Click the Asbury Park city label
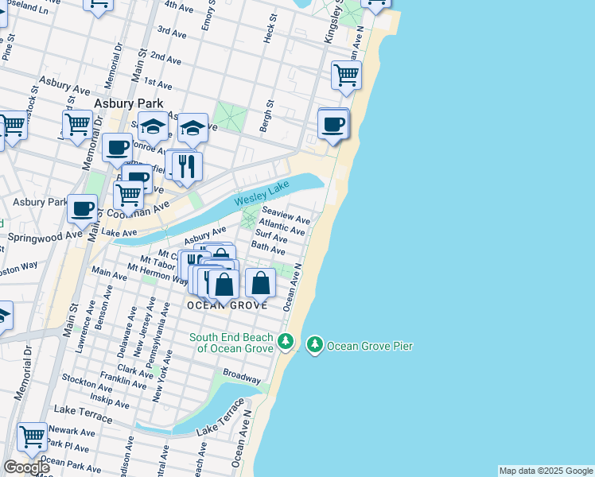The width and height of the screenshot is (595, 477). [x=128, y=103]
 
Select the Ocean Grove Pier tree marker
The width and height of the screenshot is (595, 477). [x=316, y=344]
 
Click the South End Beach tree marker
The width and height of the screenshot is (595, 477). [x=286, y=343]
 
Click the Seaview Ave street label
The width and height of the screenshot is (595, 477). [x=286, y=216]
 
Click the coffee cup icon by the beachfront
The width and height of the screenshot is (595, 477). [x=332, y=125]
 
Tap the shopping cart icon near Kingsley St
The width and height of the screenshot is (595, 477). [x=346, y=76]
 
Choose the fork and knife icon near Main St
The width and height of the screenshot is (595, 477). [x=187, y=165]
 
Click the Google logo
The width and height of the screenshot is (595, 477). [x=26, y=467]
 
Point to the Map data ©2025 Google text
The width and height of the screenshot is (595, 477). [x=546, y=471]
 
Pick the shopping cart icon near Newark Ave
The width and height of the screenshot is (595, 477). [x=32, y=436]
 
